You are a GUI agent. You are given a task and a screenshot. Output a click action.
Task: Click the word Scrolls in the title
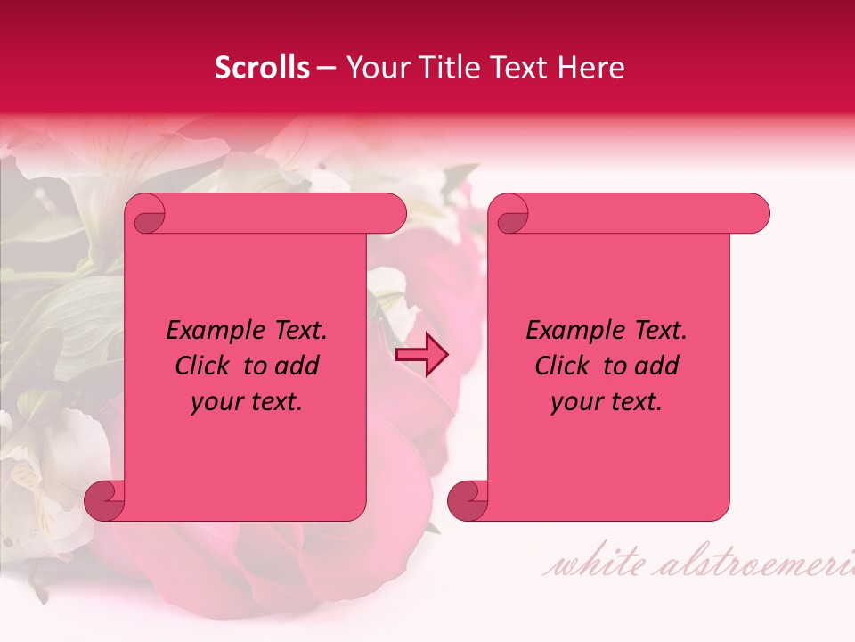[262, 68]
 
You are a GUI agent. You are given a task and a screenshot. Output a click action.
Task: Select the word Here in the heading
[590, 68]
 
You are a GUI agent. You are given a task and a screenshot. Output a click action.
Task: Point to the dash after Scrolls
[326, 69]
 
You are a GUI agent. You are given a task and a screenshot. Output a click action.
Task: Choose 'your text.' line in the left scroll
[247, 401]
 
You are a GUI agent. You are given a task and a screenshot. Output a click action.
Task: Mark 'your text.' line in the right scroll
[607, 401]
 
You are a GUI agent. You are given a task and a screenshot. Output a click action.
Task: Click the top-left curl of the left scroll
[147, 214]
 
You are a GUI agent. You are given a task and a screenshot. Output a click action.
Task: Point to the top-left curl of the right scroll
[510, 214]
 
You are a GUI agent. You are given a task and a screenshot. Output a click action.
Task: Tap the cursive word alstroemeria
[757, 564]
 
